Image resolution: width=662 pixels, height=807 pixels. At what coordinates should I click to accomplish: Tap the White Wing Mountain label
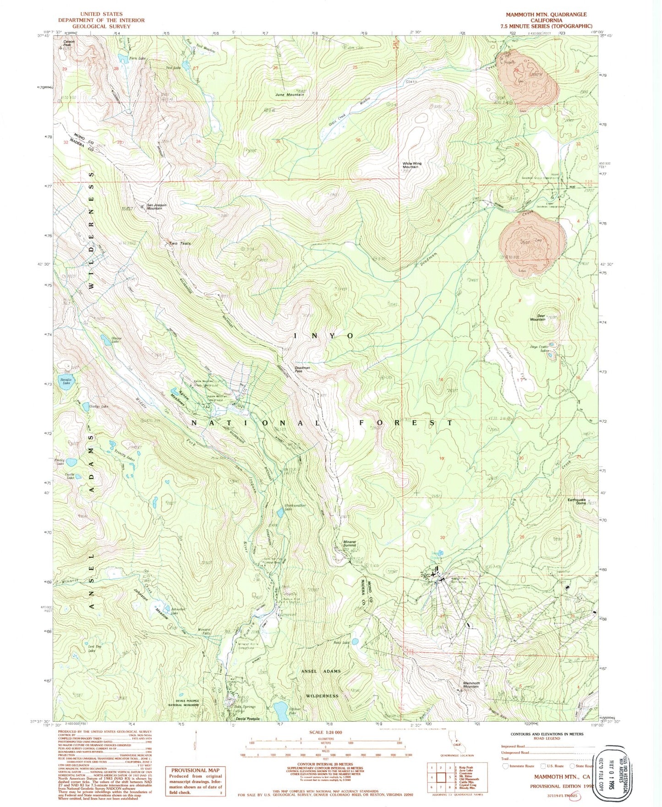[411, 165]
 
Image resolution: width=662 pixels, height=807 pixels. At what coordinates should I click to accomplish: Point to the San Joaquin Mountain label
[157, 207]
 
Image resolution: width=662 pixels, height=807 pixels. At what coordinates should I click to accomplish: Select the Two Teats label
[180, 243]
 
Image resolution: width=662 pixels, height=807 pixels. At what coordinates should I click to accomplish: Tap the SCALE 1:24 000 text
[326, 732]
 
